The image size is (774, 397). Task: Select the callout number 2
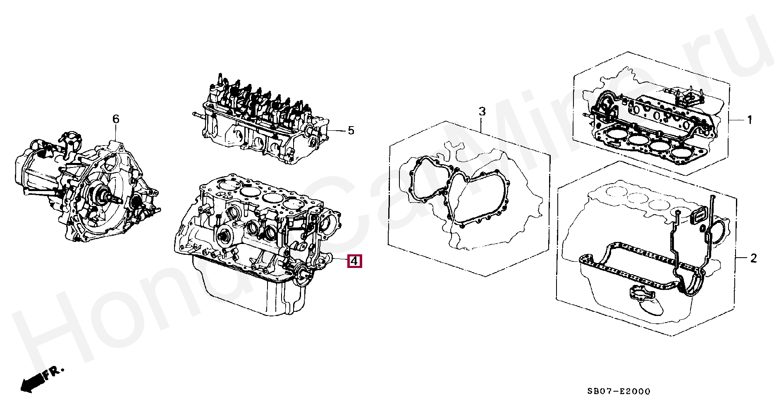point(753,259)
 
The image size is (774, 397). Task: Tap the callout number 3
point(482,112)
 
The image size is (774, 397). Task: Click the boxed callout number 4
point(354,261)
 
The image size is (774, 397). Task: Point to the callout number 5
point(351,131)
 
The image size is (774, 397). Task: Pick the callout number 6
point(116,120)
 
